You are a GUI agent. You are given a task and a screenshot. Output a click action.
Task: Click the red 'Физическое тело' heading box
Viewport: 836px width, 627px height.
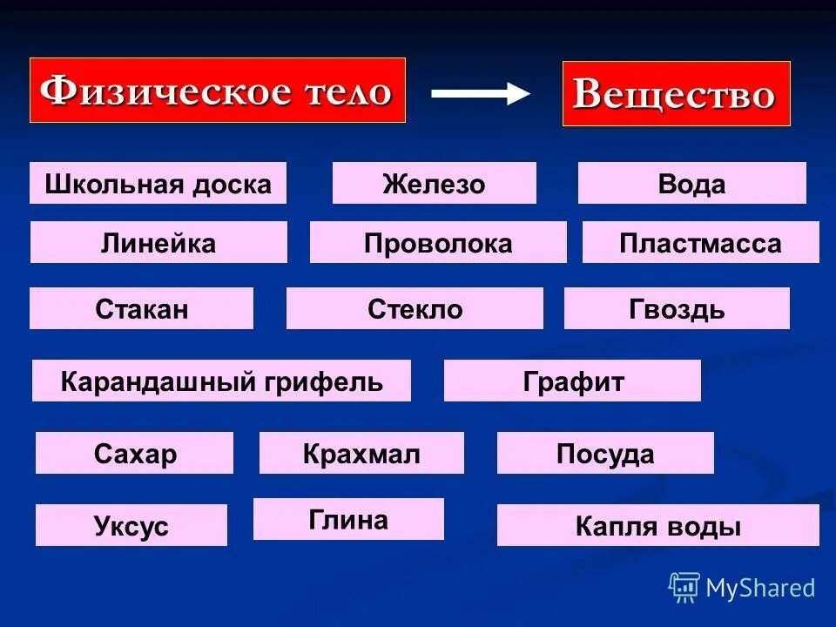coord(218,91)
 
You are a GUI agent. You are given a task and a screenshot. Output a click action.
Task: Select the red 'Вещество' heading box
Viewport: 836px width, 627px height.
coord(676,94)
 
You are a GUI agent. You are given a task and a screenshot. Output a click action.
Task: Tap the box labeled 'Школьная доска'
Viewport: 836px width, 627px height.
coord(158,184)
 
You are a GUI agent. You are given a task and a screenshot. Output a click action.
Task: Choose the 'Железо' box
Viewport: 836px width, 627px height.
coord(434,184)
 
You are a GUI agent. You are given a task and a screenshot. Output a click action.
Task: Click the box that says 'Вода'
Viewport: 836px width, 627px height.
coord(691,184)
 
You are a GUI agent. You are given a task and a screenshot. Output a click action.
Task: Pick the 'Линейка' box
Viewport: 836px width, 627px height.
coord(158,243)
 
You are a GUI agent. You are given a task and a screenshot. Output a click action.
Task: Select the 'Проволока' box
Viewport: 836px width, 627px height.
coord(438,243)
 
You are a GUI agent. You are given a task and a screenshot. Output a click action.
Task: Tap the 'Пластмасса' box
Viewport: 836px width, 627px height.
coord(700,243)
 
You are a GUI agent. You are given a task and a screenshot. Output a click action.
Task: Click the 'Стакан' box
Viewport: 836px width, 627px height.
coord(141,309)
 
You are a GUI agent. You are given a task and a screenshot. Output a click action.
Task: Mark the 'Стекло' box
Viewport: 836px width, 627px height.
coord(415,309)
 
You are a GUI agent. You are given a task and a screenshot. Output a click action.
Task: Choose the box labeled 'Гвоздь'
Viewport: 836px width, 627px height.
coord(677,309)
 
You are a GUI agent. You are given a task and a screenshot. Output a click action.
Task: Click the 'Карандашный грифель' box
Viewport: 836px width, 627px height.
coord(221,381)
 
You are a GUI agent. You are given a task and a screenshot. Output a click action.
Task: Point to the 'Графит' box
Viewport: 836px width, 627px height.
coord(572,381)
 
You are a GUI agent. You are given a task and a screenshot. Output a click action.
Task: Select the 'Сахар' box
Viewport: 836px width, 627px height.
coord(134,454)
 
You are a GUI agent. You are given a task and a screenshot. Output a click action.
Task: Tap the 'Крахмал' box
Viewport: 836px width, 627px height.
coord(361,454)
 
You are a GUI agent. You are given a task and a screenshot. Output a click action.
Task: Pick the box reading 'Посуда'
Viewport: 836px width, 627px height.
coord(605,454)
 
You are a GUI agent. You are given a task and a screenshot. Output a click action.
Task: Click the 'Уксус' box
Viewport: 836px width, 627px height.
coord(131,526)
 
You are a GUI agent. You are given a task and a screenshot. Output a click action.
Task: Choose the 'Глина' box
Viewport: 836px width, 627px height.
coord(348,520)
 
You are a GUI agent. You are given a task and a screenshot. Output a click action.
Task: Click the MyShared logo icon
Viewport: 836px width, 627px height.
coord(684,588)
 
